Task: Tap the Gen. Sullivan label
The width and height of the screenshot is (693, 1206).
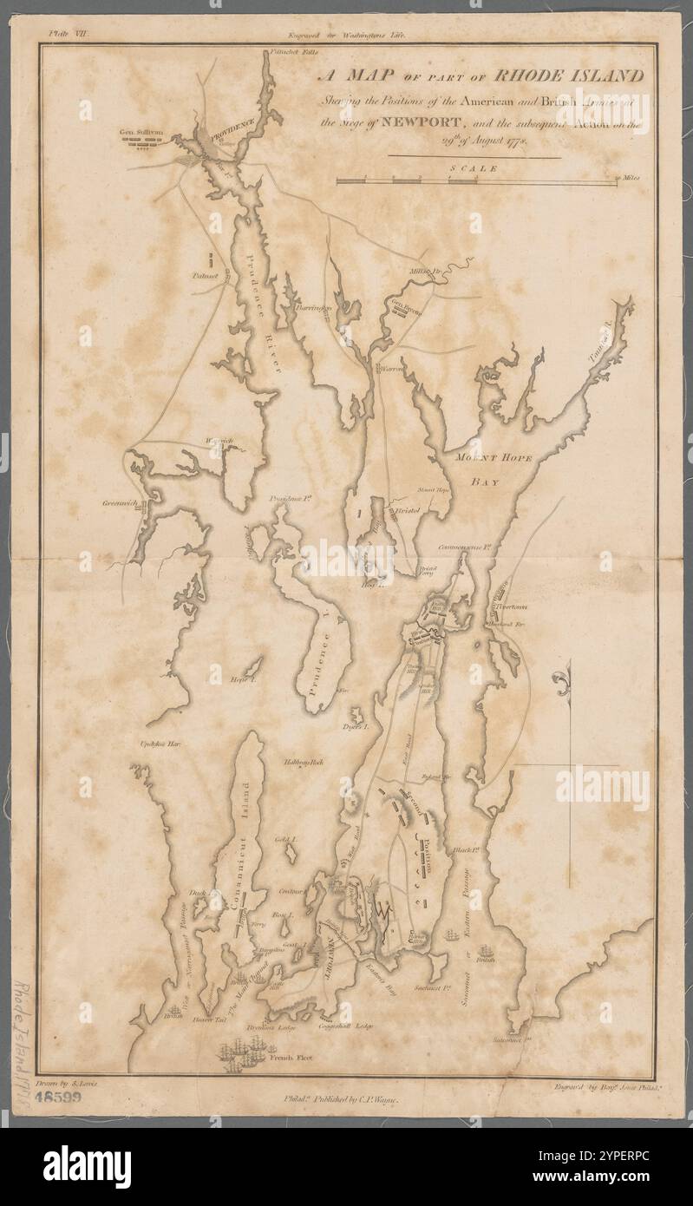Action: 140,133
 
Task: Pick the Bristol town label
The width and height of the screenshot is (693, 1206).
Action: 407,512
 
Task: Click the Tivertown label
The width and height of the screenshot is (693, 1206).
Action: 513,607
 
